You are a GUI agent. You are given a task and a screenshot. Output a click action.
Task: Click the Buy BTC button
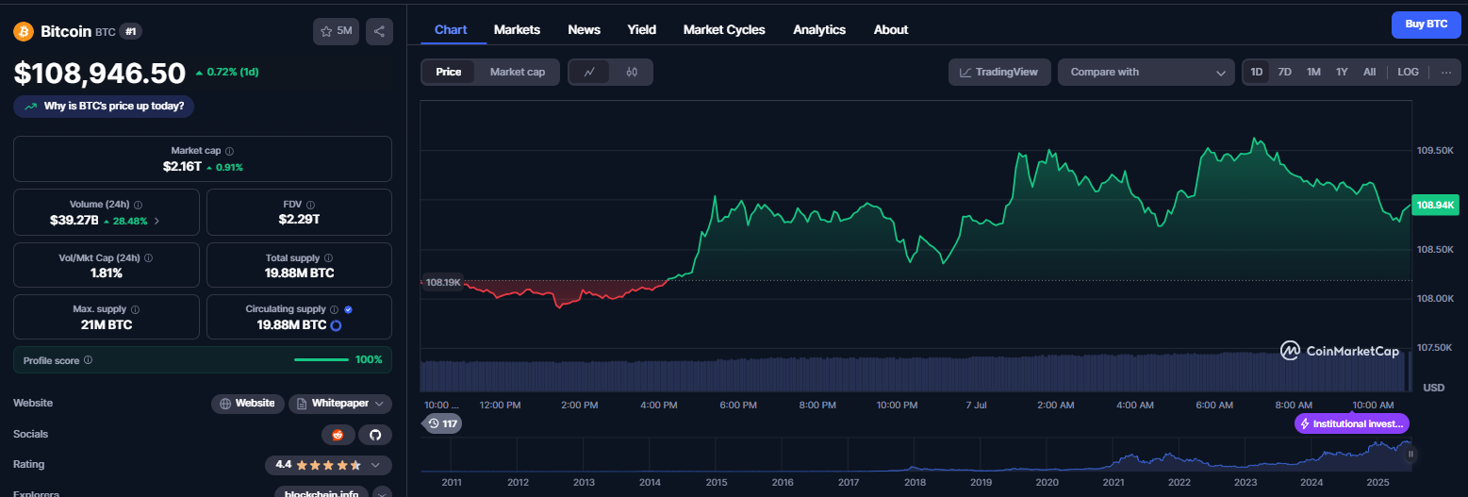(x=1427, y=25)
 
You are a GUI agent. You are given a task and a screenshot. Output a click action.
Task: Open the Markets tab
(x=517, y=30)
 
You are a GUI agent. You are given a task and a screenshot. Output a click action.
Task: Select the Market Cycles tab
(x=724, y=30)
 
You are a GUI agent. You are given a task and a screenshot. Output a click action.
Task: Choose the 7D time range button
(x=1284, y=72)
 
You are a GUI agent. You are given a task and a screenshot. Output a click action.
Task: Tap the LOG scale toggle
(x=1408, y=72)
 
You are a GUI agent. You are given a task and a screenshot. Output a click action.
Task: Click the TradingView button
(x=999, y=72)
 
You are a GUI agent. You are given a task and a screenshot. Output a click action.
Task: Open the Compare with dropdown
(x=1146, y=72)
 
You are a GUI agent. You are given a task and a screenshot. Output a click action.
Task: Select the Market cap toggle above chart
(x=517, y=72)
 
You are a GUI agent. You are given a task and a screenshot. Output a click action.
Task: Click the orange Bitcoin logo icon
(x=24, y=31)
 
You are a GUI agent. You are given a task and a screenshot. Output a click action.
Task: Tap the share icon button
(x=379, y=31)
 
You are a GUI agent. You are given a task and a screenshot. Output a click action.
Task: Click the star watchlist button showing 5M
(x=337, y=31)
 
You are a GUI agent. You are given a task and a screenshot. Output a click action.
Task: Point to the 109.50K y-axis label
(x=1435, y=151)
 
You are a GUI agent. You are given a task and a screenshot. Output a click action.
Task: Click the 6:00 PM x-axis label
(x=738, y=406)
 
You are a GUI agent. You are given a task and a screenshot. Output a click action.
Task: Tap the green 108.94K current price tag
(x=1435, y=206)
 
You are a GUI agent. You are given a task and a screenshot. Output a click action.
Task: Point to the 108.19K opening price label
(x=443, y=283)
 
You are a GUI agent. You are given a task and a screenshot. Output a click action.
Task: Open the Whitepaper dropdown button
(x=340, y=404)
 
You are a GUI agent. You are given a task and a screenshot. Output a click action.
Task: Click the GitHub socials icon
(x=375, y=435)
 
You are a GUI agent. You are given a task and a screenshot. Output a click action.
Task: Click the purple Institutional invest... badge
(x=1352, y=423)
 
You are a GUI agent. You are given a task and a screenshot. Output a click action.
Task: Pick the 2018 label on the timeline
(x=915, y=483)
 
